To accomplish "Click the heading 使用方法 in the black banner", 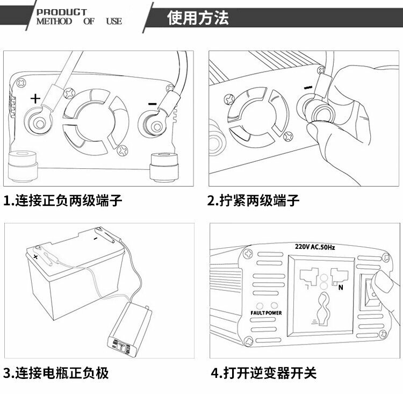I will tap(198, 17).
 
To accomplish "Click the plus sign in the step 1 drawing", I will tap(35, 98).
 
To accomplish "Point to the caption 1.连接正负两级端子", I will tap(63, 202).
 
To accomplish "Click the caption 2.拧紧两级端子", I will tap(254, 202).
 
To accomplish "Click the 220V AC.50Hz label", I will tap(315, 247).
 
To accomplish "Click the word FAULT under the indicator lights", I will tap(256, 313).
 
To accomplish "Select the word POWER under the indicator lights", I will tap(272, 313).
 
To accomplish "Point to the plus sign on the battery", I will tap(35, 258).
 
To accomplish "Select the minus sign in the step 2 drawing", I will tap(307, 88).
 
